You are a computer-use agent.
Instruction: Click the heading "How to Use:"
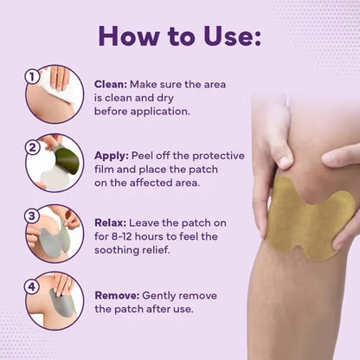(180, 35)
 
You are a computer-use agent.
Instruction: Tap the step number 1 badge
(32, 76)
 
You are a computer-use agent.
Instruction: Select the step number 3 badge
(32, 215)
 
